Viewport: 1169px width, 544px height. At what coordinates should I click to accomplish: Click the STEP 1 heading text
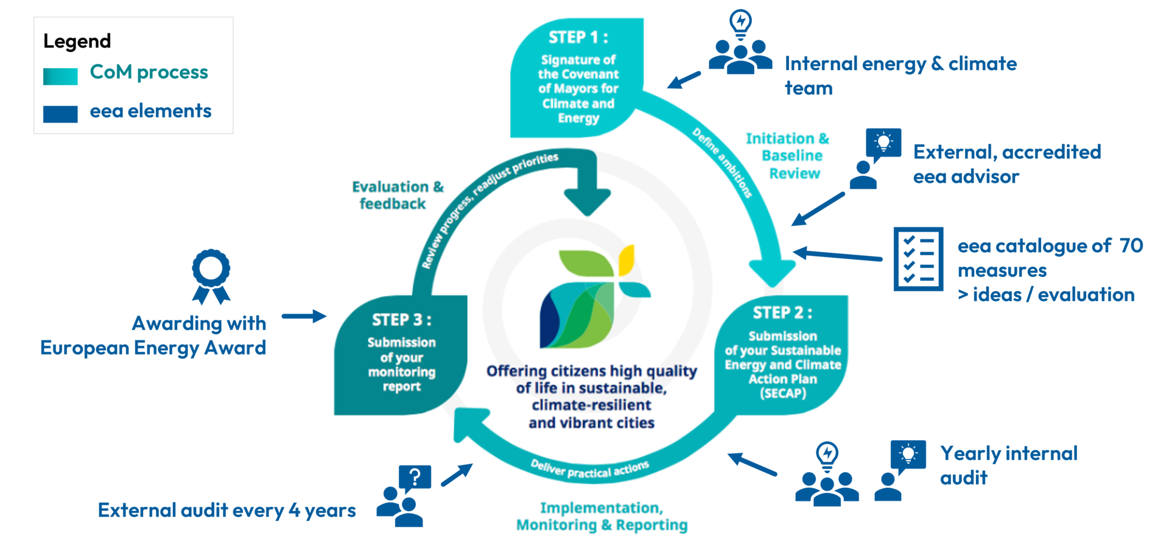coord(578,38)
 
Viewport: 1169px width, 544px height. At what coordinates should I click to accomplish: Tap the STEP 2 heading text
coord(782,313)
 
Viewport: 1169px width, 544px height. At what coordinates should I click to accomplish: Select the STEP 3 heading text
coord(402,320)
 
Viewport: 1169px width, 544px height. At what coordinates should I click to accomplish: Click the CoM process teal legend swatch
coord(60,76)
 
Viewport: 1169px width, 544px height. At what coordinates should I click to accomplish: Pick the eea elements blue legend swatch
coord(60,114)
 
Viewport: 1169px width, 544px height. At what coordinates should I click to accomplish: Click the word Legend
coord(77,41)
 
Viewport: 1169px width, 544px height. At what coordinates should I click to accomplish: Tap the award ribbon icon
coord(211,276)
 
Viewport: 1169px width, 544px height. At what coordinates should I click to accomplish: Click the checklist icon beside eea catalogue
coord(918,259)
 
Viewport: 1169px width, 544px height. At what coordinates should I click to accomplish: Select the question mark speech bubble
coord(415,477)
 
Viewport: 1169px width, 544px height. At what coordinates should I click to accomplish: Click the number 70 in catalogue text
coord(1131,246)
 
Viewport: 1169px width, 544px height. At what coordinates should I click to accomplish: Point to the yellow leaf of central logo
coord(627,260)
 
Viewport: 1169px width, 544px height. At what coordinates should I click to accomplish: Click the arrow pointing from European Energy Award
coord(304,316)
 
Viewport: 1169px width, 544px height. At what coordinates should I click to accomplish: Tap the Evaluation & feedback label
coord(398,195)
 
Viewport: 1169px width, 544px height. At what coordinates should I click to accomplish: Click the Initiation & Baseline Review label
coord(788,156)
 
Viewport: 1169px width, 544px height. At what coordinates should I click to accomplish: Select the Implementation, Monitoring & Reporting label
coord(602,517)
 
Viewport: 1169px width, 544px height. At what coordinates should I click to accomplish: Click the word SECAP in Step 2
coord(783,394)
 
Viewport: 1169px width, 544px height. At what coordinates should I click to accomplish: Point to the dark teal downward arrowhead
coord(588,201)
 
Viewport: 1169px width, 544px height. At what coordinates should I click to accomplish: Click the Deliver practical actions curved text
coord(589,469)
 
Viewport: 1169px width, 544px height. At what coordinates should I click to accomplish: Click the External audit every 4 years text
coord(226,510)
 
